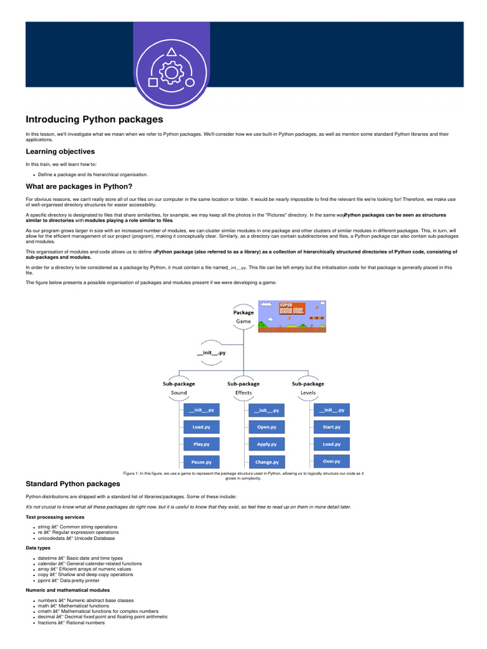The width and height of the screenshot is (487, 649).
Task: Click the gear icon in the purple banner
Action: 171,73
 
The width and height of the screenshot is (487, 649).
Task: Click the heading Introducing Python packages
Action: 94,119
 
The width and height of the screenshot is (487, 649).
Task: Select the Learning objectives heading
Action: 60,151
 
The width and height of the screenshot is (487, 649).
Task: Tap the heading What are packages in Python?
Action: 79,186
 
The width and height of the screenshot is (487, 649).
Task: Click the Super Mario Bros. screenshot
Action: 292,316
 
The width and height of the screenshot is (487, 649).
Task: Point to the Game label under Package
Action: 243,321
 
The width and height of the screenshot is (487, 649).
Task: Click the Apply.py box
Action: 266,444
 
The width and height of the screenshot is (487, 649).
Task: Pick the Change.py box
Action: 266,461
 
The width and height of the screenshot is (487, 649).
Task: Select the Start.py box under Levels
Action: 331,427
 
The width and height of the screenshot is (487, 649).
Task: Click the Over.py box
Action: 331,461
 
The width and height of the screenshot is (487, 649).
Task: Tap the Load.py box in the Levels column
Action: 331,444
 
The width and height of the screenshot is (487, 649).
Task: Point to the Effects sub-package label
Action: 243,392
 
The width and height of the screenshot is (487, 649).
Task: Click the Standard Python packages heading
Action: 72,484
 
